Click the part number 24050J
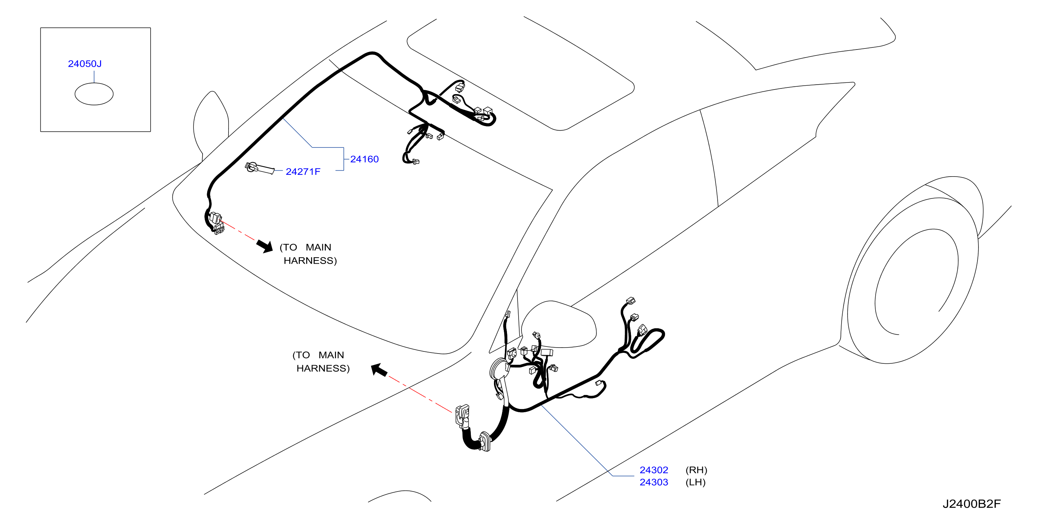coord(85,64)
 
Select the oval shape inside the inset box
coord(94,94)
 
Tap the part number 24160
coord(364,159)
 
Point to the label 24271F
coord(303,172)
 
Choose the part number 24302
coord(653,470)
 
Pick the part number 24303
coord(653,482)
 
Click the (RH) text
coord(696,470)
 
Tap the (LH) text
coord(695,482)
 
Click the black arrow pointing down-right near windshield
coord(265,246)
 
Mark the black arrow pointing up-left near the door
coord(379,369)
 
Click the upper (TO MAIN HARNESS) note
coord(308,254)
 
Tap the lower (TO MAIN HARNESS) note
coord(321,362)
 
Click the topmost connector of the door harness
coord(631,301)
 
